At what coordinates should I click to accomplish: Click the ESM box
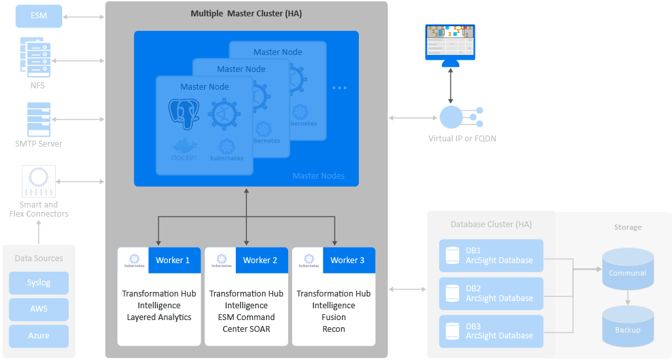tap(39, 16)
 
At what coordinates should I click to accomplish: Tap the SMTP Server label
tap(39, 143)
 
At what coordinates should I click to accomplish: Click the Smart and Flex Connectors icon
tap(39, 181)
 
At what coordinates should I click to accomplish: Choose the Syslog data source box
tap(39, 283)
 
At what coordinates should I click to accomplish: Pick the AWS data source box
tap(39, 309)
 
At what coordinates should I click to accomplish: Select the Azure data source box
tap(39, 336)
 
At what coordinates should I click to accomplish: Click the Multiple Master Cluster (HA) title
tap(246, 13)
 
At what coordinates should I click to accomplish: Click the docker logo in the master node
tap(184, 151)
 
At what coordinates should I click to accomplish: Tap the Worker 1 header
tap(173, 260)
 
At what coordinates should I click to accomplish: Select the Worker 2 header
tap(260, 260)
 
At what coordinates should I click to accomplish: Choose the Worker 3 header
tap(347, 260)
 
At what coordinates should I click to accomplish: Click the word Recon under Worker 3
tap(333, 329)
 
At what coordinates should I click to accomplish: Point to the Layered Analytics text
tap(159, 317)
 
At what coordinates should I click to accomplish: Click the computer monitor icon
tap(450, 45)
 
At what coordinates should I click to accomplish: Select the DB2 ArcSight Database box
tap(491, 293)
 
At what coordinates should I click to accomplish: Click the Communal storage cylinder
tap(627, 268)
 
